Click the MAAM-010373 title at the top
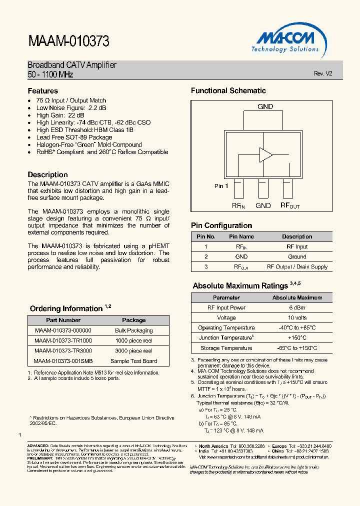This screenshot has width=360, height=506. pos(68,41)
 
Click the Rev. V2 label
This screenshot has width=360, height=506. pos(322,73)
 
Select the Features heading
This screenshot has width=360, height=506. pos(43,91)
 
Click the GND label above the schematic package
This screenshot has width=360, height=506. pos(265,106)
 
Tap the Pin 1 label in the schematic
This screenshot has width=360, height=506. pos(221,186)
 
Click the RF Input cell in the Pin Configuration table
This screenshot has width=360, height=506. pos(297,246)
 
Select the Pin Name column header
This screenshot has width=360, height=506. pos(241,236)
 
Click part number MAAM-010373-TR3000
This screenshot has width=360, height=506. pos(63,350)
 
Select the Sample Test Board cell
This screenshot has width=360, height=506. pos(134,361)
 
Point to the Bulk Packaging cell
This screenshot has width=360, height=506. pos(134,330)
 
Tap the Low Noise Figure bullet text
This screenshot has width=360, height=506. pos(71,107)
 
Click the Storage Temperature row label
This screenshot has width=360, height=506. pos(226,348)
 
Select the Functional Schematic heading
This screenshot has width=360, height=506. pos(228,91)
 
